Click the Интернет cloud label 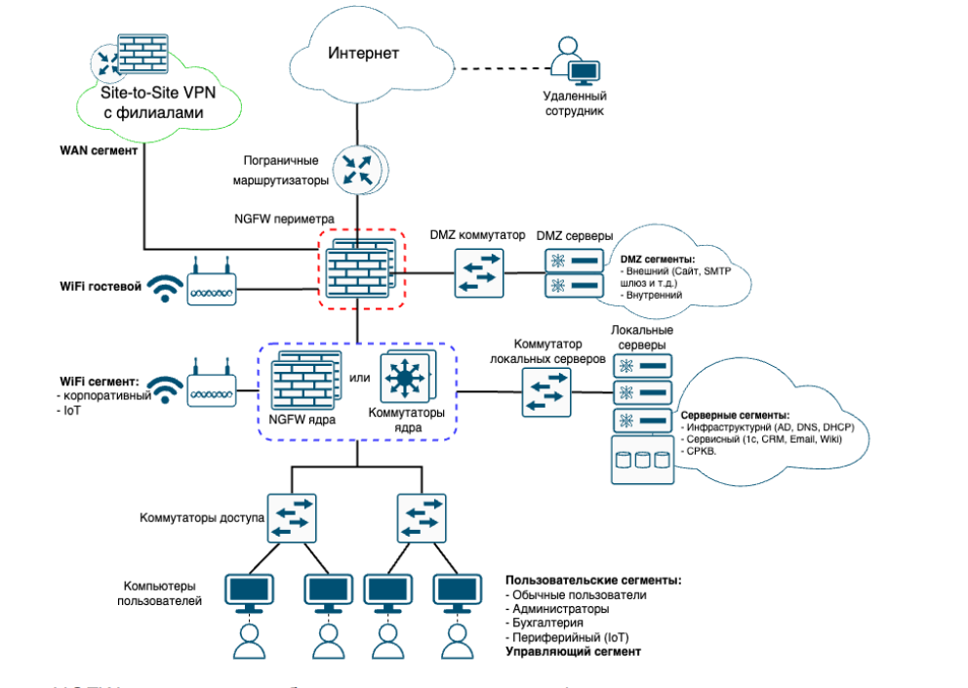(x=363, y=53)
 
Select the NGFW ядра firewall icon (x=304, y=383)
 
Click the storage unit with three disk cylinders (x=644, y=460)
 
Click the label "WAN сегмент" (x=100, y=151)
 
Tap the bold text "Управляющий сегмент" (x=573, y=650)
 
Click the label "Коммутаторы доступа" (x=201, y=517)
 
